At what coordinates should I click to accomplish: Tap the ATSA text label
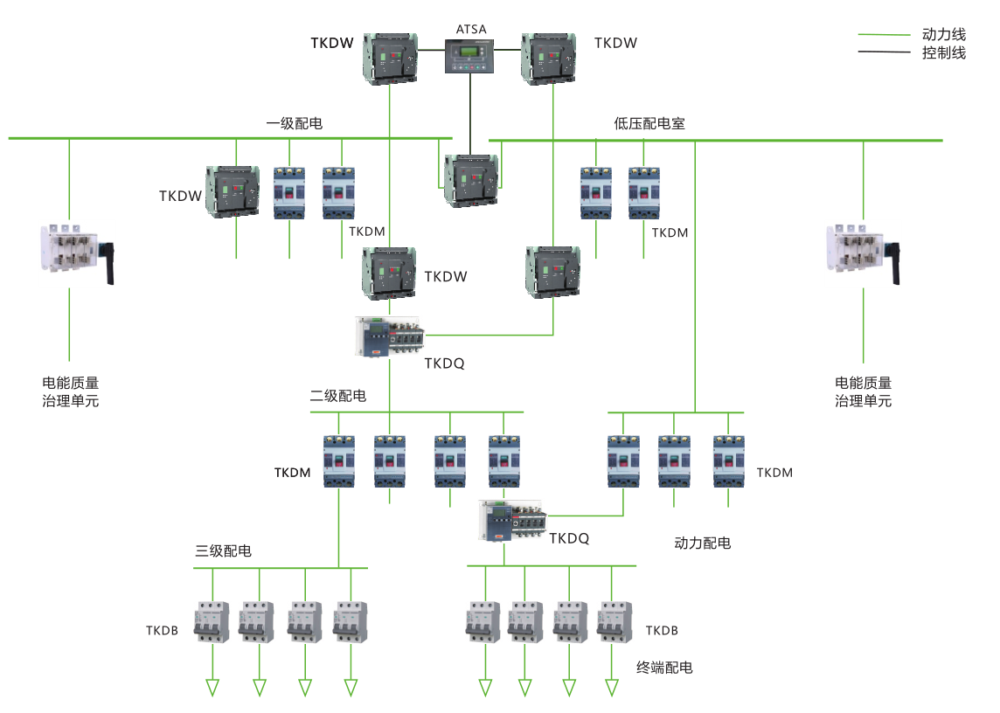pyautogui.click(x=471, y=29)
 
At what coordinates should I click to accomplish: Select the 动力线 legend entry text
pyautogui.click(x=944, y=35)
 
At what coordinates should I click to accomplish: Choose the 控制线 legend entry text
pyautogui.click(x=944, y=53)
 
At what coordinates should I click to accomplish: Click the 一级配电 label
pyautogui.click(x=294, y=124)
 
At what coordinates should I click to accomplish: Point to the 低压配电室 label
pyautogui.click(x=649, y=124)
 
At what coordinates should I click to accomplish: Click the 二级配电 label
pyautogui.click(x=338, y=396)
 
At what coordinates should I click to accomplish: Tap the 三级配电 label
pyautogui.click(x=223, y=550)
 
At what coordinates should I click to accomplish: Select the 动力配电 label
pyautogui.click(x=703, y=543)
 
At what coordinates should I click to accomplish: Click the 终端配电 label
pyautogui.click(x=664, y=668)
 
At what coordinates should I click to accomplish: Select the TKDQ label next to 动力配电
pyautogui.click(x=569, y=538)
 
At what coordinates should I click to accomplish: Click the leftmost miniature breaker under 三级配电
pyautogui.click(x=212, y=623)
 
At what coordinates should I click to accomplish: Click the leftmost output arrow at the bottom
pyautogui.click(x=212, y=688)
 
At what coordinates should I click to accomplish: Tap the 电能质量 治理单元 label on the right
pyautogui.click(x=863, y=391)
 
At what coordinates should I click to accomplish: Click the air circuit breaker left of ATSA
pyautogui.click(x=390, y=59)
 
